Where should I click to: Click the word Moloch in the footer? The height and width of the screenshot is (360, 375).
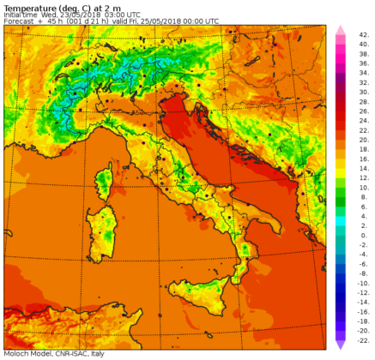(x=16, y=353)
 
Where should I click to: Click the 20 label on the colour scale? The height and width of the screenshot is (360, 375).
(x=362, y=137)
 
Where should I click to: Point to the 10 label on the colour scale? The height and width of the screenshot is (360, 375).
(x=362, y=186)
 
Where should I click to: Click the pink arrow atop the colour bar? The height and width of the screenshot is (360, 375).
(x=340, y=31)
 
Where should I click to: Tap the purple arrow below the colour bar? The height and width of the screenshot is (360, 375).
(x=340, y=344)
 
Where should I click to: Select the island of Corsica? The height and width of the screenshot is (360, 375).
(x=105, y=182)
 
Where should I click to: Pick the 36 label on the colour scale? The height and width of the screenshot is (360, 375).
(x=362, y=62)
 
